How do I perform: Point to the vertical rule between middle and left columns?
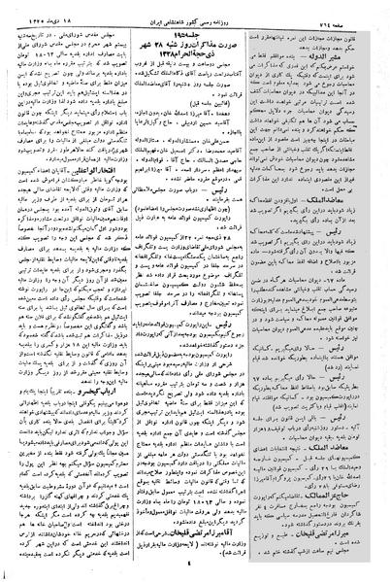[x=134, y=291]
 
